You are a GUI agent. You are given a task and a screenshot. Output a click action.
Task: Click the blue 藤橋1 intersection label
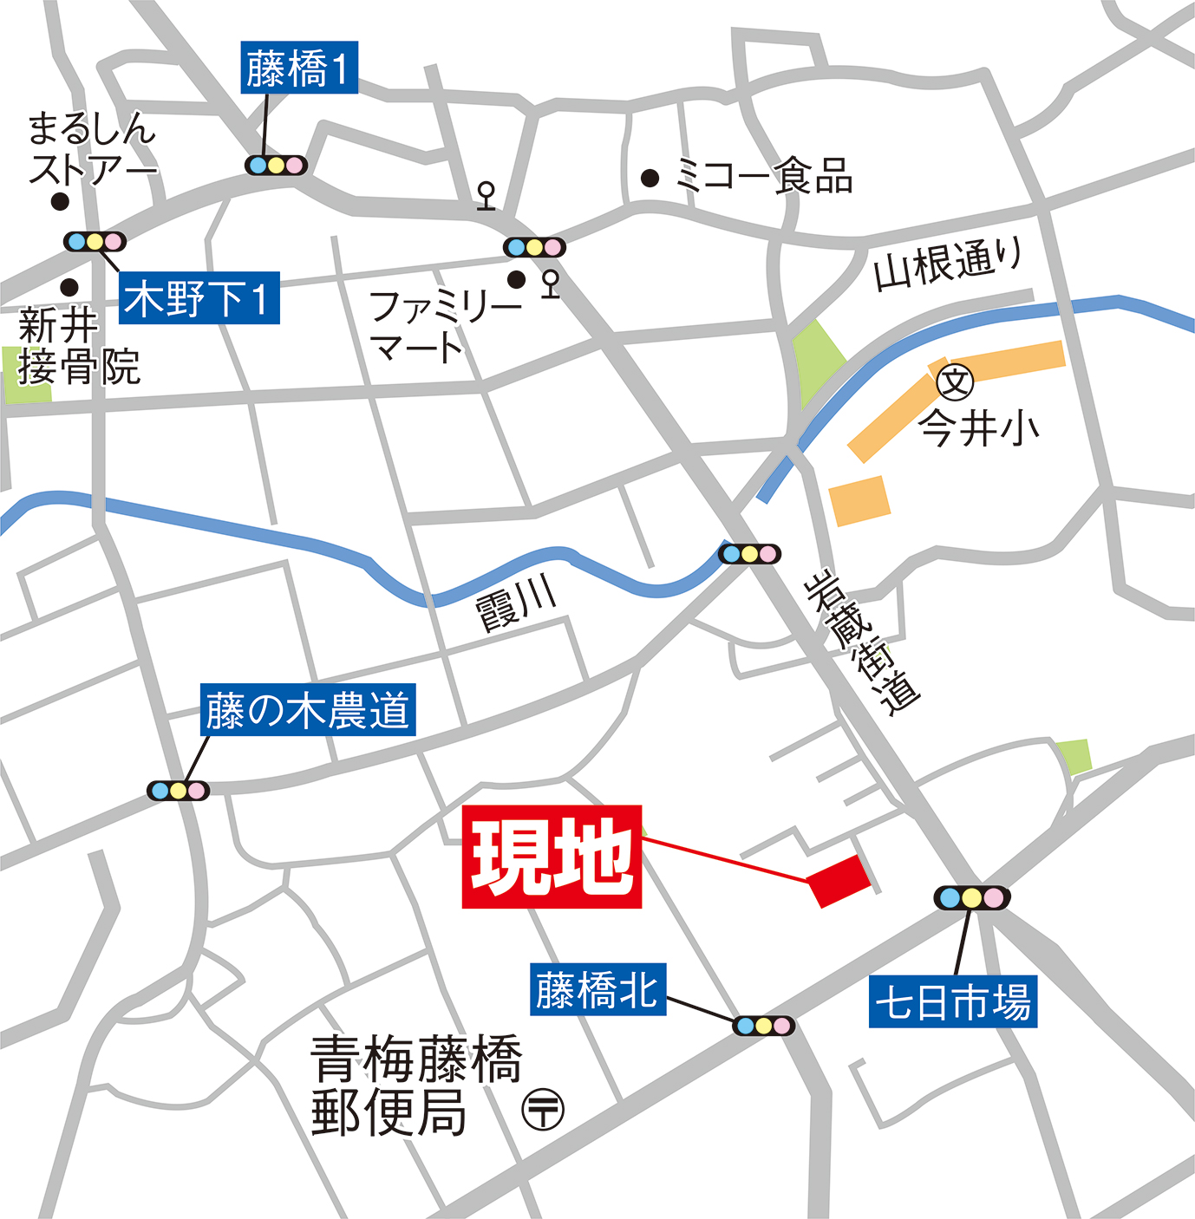coord(298,69)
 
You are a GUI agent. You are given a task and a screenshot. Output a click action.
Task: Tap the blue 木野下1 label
coord(199,298)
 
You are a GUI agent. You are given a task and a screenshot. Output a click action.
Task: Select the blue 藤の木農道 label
coord(308,710)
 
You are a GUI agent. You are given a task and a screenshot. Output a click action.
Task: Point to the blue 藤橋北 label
coord(597,989)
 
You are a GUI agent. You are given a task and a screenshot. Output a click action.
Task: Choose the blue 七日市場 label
coord(953,1001)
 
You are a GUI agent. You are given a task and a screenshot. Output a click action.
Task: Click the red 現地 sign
coord(552,857)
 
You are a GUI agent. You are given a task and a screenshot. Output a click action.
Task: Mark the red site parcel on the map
coord(839,880)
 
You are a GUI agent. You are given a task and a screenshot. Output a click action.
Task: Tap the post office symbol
coord(543,1109)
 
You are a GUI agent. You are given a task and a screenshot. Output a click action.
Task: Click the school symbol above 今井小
coord(956,381)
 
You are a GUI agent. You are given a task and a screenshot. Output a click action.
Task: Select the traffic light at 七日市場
coord(972,897)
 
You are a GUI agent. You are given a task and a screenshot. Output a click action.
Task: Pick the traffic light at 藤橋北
coord(763,1026)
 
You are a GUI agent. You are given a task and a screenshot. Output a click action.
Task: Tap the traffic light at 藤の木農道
coord(178,791)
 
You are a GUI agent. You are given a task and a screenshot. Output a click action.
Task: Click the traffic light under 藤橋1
coord(276,165)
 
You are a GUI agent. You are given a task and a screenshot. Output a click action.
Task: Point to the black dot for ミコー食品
coord(650,179)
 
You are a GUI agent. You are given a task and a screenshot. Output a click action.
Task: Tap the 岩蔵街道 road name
coord(862,641)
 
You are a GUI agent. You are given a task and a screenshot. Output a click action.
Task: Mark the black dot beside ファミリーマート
coord(517,279)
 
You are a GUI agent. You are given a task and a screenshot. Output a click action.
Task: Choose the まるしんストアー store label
coord(91,148)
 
